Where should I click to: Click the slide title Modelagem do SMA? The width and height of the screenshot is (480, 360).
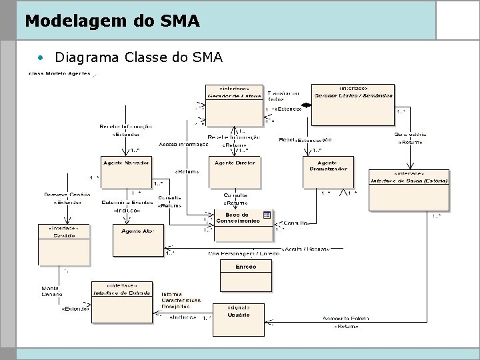click(x=112, y=21)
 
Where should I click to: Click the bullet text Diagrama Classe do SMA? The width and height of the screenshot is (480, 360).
click(x=139, y=57)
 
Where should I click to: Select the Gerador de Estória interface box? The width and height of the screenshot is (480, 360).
click(x=233, y=104)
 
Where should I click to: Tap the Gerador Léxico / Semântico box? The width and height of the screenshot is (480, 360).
click(x=353, y=104)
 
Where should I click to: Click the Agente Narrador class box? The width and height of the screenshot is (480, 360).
click(x=126, y=172)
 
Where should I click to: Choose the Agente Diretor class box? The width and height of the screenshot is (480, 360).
click(x=236, y=172)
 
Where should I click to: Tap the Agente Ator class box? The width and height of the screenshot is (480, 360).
click(x=138, y=239)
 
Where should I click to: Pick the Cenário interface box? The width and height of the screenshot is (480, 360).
click(x=63, y=244)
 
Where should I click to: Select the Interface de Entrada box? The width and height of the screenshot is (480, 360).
click(x=121, y=298)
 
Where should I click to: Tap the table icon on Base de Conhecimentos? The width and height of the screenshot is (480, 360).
click(x=266, y=214)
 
